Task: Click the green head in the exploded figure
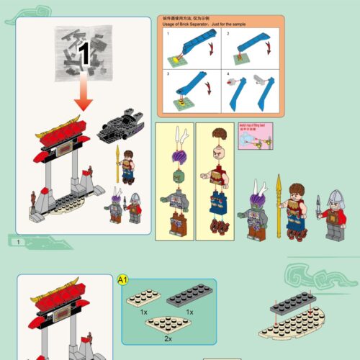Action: coord(175,175)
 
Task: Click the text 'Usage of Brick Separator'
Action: coord(192,26)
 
